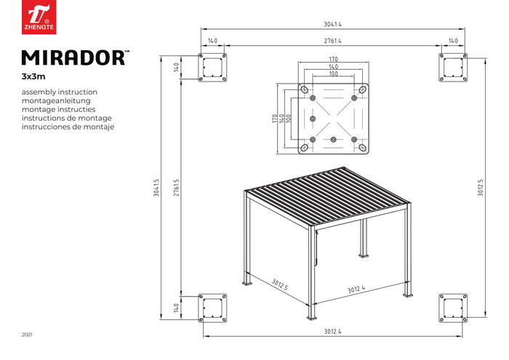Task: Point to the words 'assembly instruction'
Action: click(x=60, y=92)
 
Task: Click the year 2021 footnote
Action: click(x=27, y=335)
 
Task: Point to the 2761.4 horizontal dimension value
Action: click(x=333, y=41)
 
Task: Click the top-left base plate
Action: click(x=214, y=68)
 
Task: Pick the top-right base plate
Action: click(x=452, y=68)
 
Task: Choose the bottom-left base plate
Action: click(x=214, y=308)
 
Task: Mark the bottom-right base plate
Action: click(x=452, y=308)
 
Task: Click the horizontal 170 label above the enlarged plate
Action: click(x=333, y=60)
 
